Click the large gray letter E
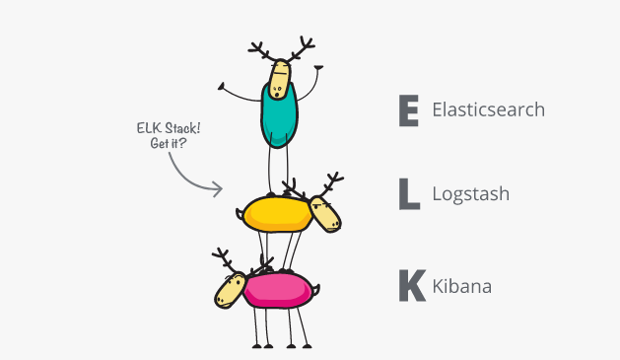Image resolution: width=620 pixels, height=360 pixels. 408,110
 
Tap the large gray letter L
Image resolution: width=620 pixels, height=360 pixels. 408,194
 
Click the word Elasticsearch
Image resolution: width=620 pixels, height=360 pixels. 488,109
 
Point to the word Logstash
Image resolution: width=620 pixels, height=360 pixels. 471,194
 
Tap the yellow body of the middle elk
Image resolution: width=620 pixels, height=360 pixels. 275,213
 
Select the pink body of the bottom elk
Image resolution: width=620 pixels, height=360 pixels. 280,289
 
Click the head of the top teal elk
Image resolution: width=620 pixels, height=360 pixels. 282,79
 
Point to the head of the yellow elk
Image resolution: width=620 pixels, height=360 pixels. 325,213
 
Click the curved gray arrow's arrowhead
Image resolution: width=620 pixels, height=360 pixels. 219,189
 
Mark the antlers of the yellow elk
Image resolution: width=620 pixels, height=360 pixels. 315,185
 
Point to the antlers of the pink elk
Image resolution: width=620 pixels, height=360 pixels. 229,261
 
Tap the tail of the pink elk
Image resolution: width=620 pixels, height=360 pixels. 317,290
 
